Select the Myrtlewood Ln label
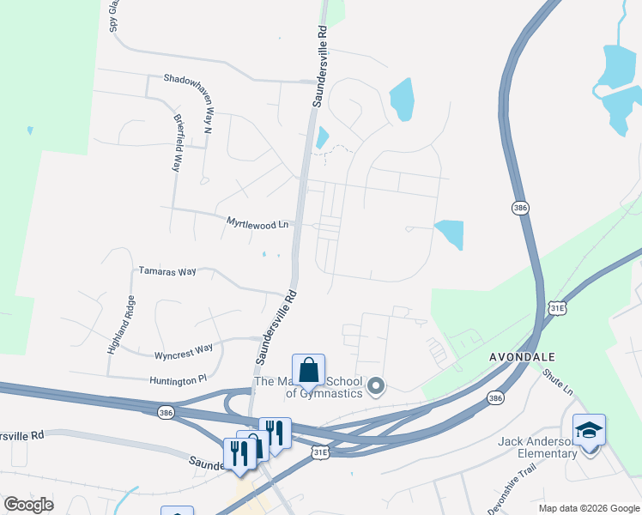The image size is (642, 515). (x=257, y=223)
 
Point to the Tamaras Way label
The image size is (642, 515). (x=167, y=271)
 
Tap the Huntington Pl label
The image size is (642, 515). (x=179, y=377)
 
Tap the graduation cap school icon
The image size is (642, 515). (x=589, y=430)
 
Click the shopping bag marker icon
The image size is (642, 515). (x=309, y=371)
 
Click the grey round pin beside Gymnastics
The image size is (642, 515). (x=376, y=388)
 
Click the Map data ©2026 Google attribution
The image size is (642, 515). (x=589, y=508)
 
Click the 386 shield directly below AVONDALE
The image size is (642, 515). (x=496, y=397)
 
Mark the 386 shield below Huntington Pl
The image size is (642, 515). (x=165, y=413)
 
